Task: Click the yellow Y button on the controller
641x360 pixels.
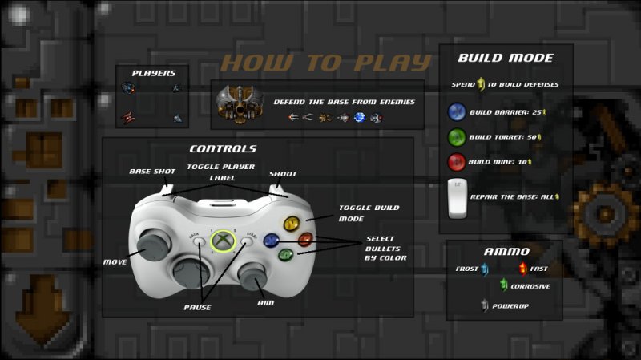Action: point(292,224)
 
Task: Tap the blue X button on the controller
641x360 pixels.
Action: point(271,241)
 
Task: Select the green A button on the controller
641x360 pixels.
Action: point(286,255)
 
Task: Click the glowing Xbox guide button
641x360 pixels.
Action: point(223,241)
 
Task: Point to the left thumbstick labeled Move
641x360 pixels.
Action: point(154,245)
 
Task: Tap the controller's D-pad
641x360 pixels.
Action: point(191,272)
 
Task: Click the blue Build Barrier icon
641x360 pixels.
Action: point(456,111)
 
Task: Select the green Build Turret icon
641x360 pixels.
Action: point(456,137)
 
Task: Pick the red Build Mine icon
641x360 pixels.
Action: point(456,162)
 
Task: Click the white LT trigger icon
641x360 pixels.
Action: point(457,198)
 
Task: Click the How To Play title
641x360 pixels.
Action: point(326,63)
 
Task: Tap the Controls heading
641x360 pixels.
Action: point(223,148)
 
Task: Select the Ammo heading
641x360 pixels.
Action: point(506,251)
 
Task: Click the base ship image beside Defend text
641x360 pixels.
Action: point(240,104)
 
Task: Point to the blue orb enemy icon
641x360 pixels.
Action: point(359,118)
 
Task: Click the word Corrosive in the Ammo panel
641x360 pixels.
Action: point(530,286)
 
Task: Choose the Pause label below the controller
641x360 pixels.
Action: point(197,307)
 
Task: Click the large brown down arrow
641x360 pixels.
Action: point(43,309)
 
